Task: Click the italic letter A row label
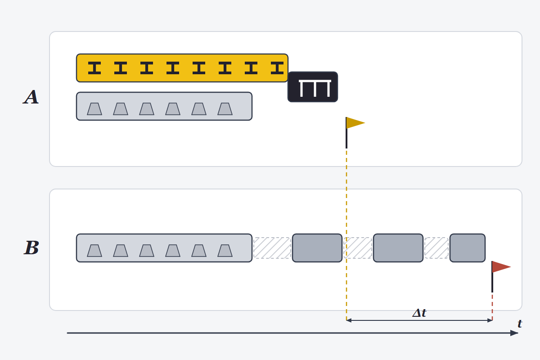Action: (x=31, y=97)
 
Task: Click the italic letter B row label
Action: (x=31, y=247)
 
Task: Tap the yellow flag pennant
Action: (x=355, y=123)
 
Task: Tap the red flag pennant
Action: (x=501, y=267)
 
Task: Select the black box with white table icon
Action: (x=313, y=87)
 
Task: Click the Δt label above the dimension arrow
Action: (x=419, y=313)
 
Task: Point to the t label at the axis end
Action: (x=520, y=324)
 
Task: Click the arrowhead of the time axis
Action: (x=514, y=333)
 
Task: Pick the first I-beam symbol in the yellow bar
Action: (x=94, y=68)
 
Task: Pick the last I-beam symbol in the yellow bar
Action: (x=277, y=68)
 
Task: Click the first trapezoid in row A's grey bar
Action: (x=94, y=109)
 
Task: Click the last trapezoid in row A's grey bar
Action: (x=225, y=109)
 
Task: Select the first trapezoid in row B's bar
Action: (x=94, y=251)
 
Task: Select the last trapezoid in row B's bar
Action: (x=225, y=251)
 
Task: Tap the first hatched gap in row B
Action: (x=272, y=248)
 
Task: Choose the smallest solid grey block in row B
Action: (x=468, y=248)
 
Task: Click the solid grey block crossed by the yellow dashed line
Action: (x=317, y=248)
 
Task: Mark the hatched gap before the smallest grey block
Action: (x=436, y=248)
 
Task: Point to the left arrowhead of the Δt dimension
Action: (x=349, y=320)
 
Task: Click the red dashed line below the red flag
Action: (x=492, y=306)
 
